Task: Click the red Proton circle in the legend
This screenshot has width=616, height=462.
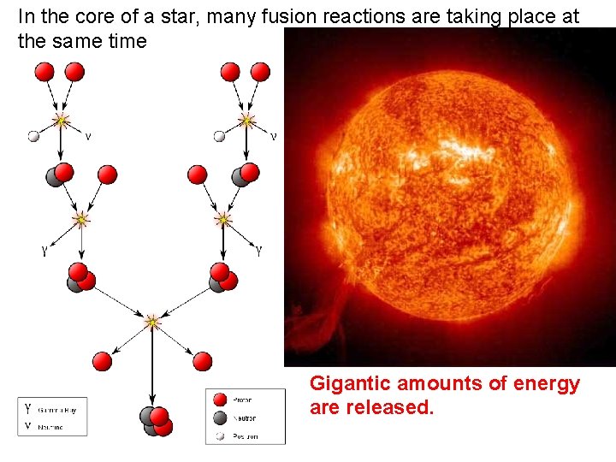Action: point(220,400)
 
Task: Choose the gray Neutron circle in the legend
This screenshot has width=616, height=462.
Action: point(220,418)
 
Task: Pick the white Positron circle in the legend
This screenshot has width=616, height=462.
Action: point(220,435)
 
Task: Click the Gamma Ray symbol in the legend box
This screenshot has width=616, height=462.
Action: point(28,408)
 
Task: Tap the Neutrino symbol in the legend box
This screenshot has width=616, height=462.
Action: point(28,424)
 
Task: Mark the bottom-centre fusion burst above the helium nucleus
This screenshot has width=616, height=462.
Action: point(152,323)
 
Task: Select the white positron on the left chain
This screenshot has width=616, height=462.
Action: point(33,135)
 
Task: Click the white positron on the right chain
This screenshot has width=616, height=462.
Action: point(219,135)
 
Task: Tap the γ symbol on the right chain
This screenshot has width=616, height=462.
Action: point(258,251)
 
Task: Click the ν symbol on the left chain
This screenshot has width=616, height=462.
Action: point(87,135)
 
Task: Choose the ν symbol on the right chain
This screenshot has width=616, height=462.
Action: point(273,135)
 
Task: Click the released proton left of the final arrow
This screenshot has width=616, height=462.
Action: point(103,361)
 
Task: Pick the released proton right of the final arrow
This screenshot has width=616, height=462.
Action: point(202,361)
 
